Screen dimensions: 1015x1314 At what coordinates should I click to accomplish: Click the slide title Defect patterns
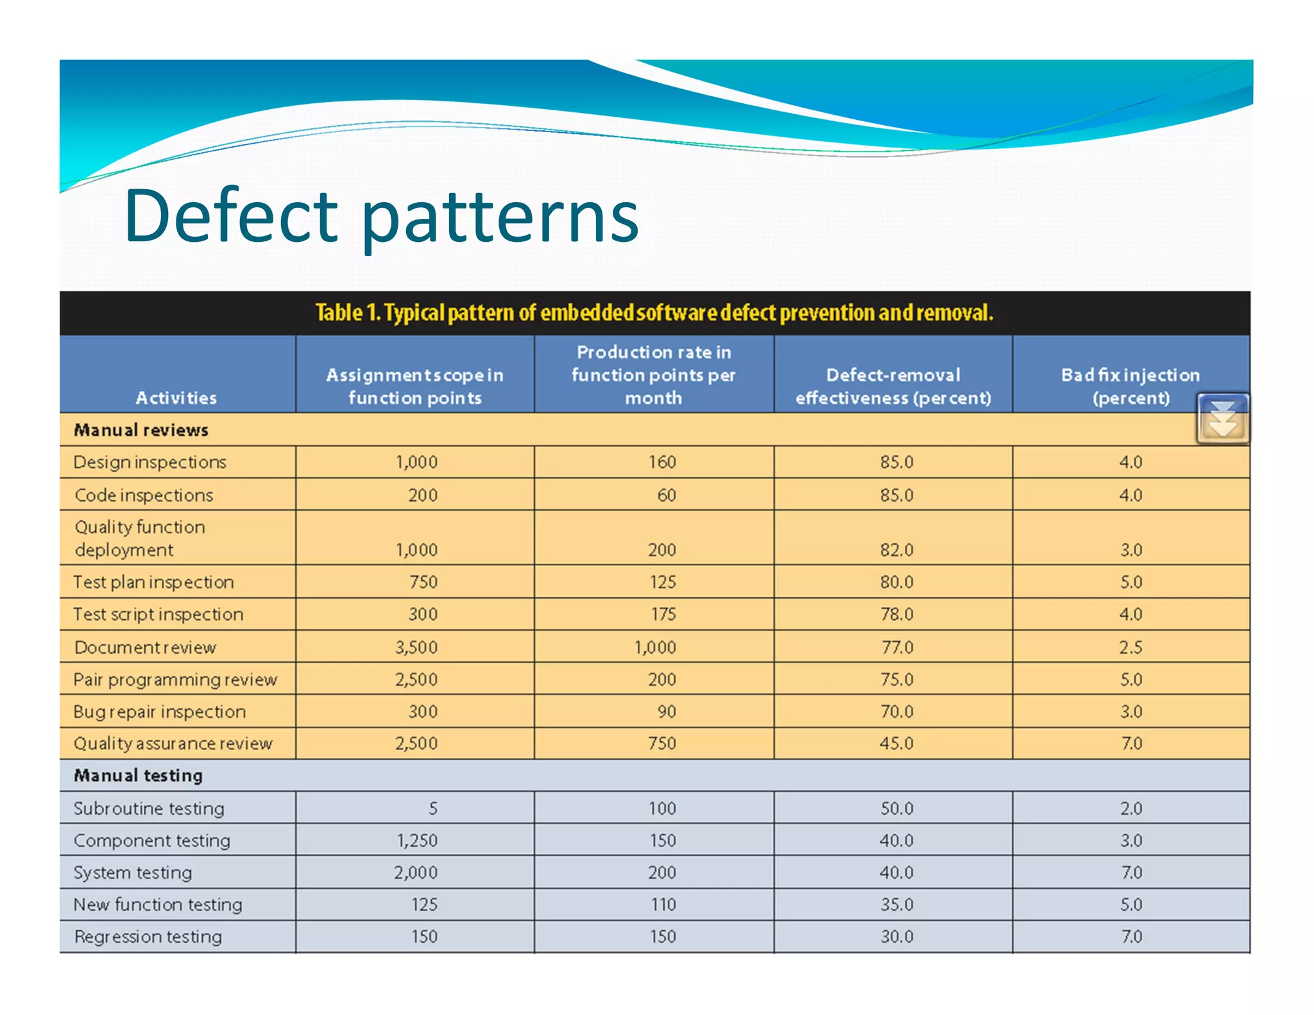click(x=381, y=217)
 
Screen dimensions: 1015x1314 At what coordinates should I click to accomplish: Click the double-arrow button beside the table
click(x=1222, y=419)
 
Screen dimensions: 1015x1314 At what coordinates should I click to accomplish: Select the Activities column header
click(x=176, y=398)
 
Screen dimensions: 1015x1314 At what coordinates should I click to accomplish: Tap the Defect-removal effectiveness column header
click(x=893, y=386)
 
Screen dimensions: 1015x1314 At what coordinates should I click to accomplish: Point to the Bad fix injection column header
click(x=1131, y=386)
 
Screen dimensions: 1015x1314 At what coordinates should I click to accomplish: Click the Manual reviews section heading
click(x=141, y=430)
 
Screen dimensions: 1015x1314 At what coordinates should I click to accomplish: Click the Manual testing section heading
click(x=139, y=776)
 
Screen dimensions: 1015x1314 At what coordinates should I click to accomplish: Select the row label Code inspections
click(x=144, y=495)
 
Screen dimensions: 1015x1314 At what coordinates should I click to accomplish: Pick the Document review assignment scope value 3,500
click(x=416, y=647)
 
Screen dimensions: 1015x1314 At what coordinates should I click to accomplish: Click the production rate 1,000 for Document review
click(x=655, y=647)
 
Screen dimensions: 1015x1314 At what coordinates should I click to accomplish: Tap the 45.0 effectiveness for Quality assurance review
click(x=896, y=743)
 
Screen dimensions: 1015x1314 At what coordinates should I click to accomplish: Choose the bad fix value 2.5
click(x=1131, y=647)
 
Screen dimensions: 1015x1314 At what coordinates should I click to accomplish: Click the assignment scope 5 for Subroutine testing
click(x=433, y=808)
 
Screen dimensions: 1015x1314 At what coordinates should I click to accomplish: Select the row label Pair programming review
click(x=175, y=679)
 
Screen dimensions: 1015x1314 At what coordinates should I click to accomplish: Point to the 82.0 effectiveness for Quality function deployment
click(x=896, y=550)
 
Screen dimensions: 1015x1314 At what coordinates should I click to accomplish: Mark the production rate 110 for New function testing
click(x=663, y=905)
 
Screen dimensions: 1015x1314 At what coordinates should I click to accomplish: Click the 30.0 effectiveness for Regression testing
click(x=896, y=937)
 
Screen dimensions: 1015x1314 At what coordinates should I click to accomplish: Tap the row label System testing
click(x=133, y=873)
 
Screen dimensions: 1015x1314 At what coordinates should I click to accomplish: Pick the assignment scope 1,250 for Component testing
click(x=417, y=840)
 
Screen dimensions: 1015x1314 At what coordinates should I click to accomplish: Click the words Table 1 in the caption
click(x=348, y=313)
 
